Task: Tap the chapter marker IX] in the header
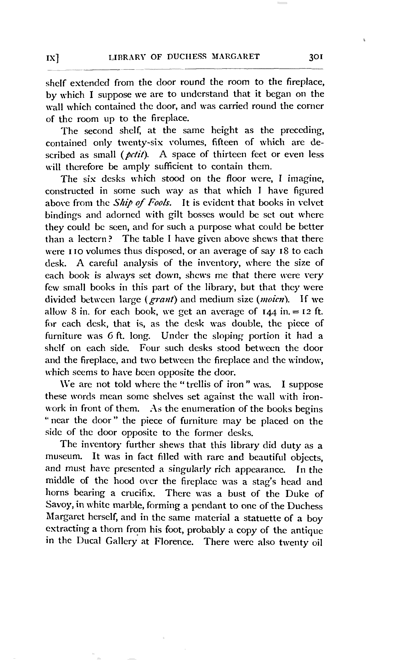pos(53,58)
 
